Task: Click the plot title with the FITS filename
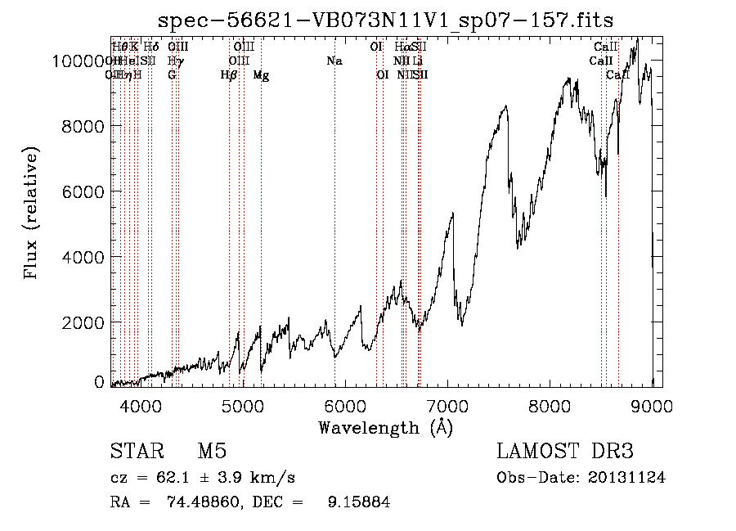point(386,20)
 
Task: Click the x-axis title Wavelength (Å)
point(385,426)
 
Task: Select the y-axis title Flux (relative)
point(32,214)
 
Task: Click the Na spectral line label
point(334,61)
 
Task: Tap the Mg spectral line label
point(261,74)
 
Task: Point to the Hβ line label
point(229,74)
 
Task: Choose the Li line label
point(418,61)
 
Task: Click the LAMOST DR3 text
point(564,452)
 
